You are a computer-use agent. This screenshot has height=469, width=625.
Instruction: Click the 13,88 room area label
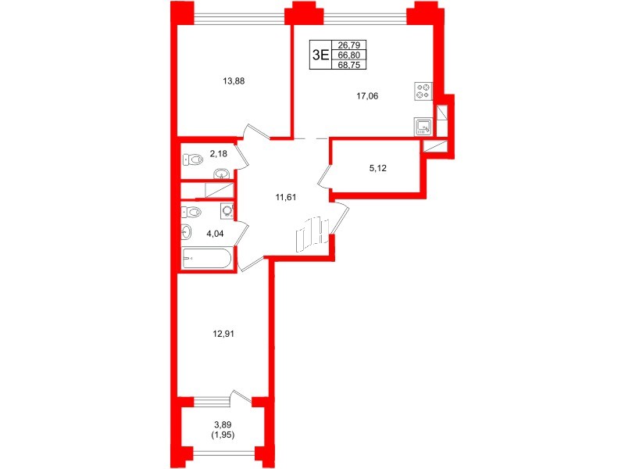click(234, 81)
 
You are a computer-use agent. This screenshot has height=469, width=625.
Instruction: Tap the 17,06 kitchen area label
click(367, 96)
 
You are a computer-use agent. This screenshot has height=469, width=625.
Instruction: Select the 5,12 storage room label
click(377, 168)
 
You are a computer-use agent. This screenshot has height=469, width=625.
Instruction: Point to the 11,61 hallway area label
click(286, 197)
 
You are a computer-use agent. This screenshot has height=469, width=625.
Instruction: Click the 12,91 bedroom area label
click(223, 334)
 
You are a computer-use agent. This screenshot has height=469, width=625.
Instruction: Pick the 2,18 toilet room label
click(218, 153)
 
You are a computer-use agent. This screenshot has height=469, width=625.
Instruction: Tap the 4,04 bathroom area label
click(215, 234)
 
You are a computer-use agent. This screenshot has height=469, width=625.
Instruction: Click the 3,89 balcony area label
click(223, 425)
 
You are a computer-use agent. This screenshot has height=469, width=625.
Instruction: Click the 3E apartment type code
click(320, 55)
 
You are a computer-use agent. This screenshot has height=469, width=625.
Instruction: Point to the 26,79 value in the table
click(348, 45)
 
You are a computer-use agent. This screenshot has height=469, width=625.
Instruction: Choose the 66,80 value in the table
click(348, 55)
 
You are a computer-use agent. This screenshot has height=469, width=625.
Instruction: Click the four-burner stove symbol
click(423, 91)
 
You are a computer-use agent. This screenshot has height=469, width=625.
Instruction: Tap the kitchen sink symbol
click(423, 127)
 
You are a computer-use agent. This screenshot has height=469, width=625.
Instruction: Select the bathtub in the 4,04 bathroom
click(207, 258)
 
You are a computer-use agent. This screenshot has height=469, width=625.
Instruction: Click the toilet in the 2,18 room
click(193, 160)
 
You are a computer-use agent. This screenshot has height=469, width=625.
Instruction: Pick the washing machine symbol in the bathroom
click(227, 211)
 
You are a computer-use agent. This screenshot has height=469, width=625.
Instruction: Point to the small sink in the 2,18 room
click(221, 174)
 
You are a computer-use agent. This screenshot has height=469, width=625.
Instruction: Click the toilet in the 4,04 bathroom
click(191, 212)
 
